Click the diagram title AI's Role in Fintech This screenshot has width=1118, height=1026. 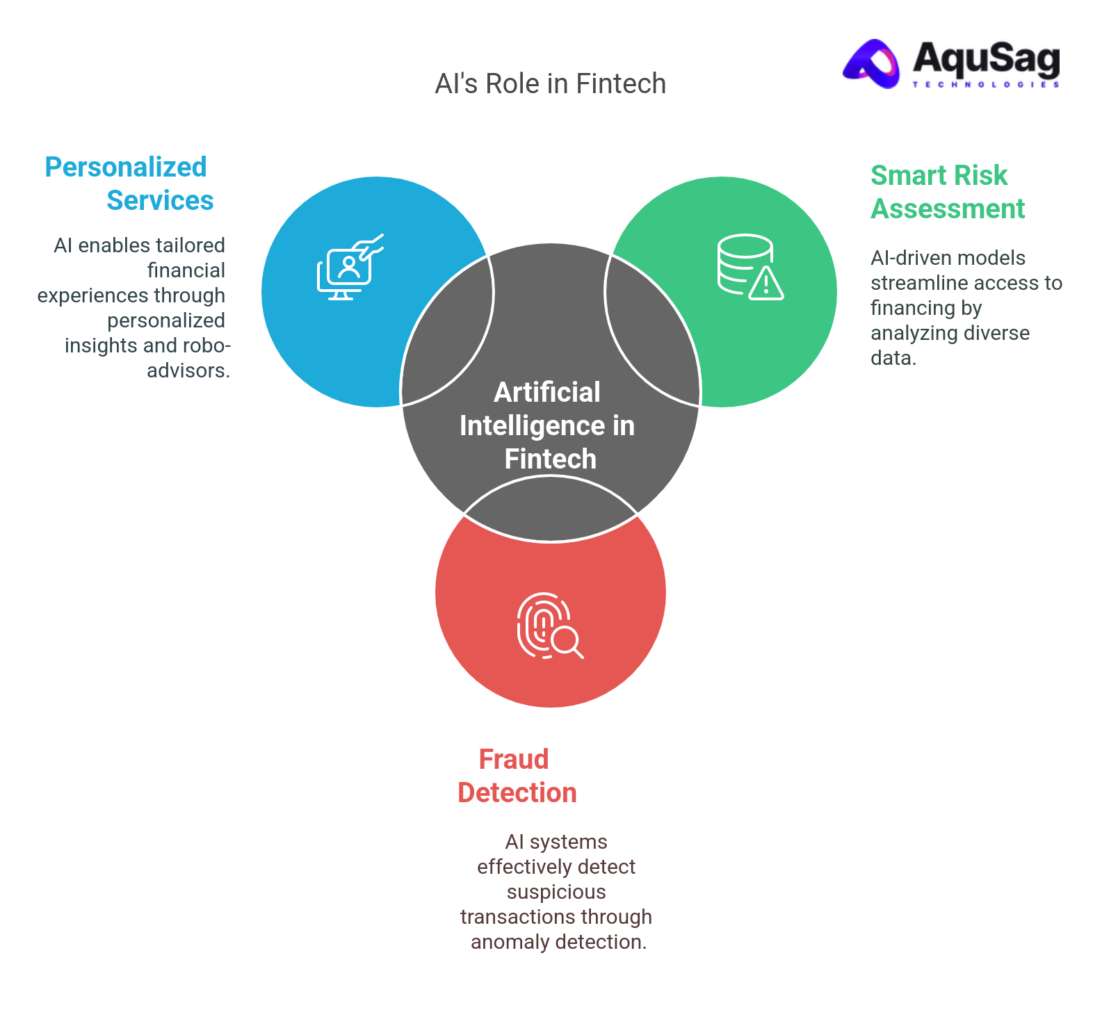tap(550, 83)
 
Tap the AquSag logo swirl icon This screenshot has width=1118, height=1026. tap(873, 64)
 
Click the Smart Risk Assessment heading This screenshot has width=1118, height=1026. tap(947, 192)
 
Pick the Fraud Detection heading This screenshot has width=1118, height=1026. tap(517, 776)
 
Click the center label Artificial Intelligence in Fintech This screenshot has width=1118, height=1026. tap(547, 425)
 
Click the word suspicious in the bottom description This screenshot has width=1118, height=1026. tap(556, 892)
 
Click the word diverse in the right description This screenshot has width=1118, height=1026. tap(1002, 333)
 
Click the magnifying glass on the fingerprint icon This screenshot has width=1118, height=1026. tap(567, 640)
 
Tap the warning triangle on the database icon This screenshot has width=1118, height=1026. tap(766, 284)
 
